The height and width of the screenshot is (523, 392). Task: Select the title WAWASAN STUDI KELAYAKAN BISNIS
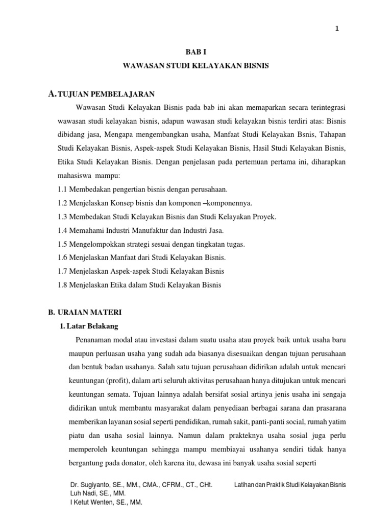(x=196, y=66)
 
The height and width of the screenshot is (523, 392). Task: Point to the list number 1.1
(x=63, y=189)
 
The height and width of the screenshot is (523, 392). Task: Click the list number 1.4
(x=63, y=231)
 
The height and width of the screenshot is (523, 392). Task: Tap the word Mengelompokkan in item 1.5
(x=96, y=244)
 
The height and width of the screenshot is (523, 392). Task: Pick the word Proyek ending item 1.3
(x=264, y=217)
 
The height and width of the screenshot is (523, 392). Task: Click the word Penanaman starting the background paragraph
(x=94, y=340)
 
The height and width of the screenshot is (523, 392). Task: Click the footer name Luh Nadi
(x=82, y=493)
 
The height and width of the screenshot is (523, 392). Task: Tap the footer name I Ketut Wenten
(x=91, y=503)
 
